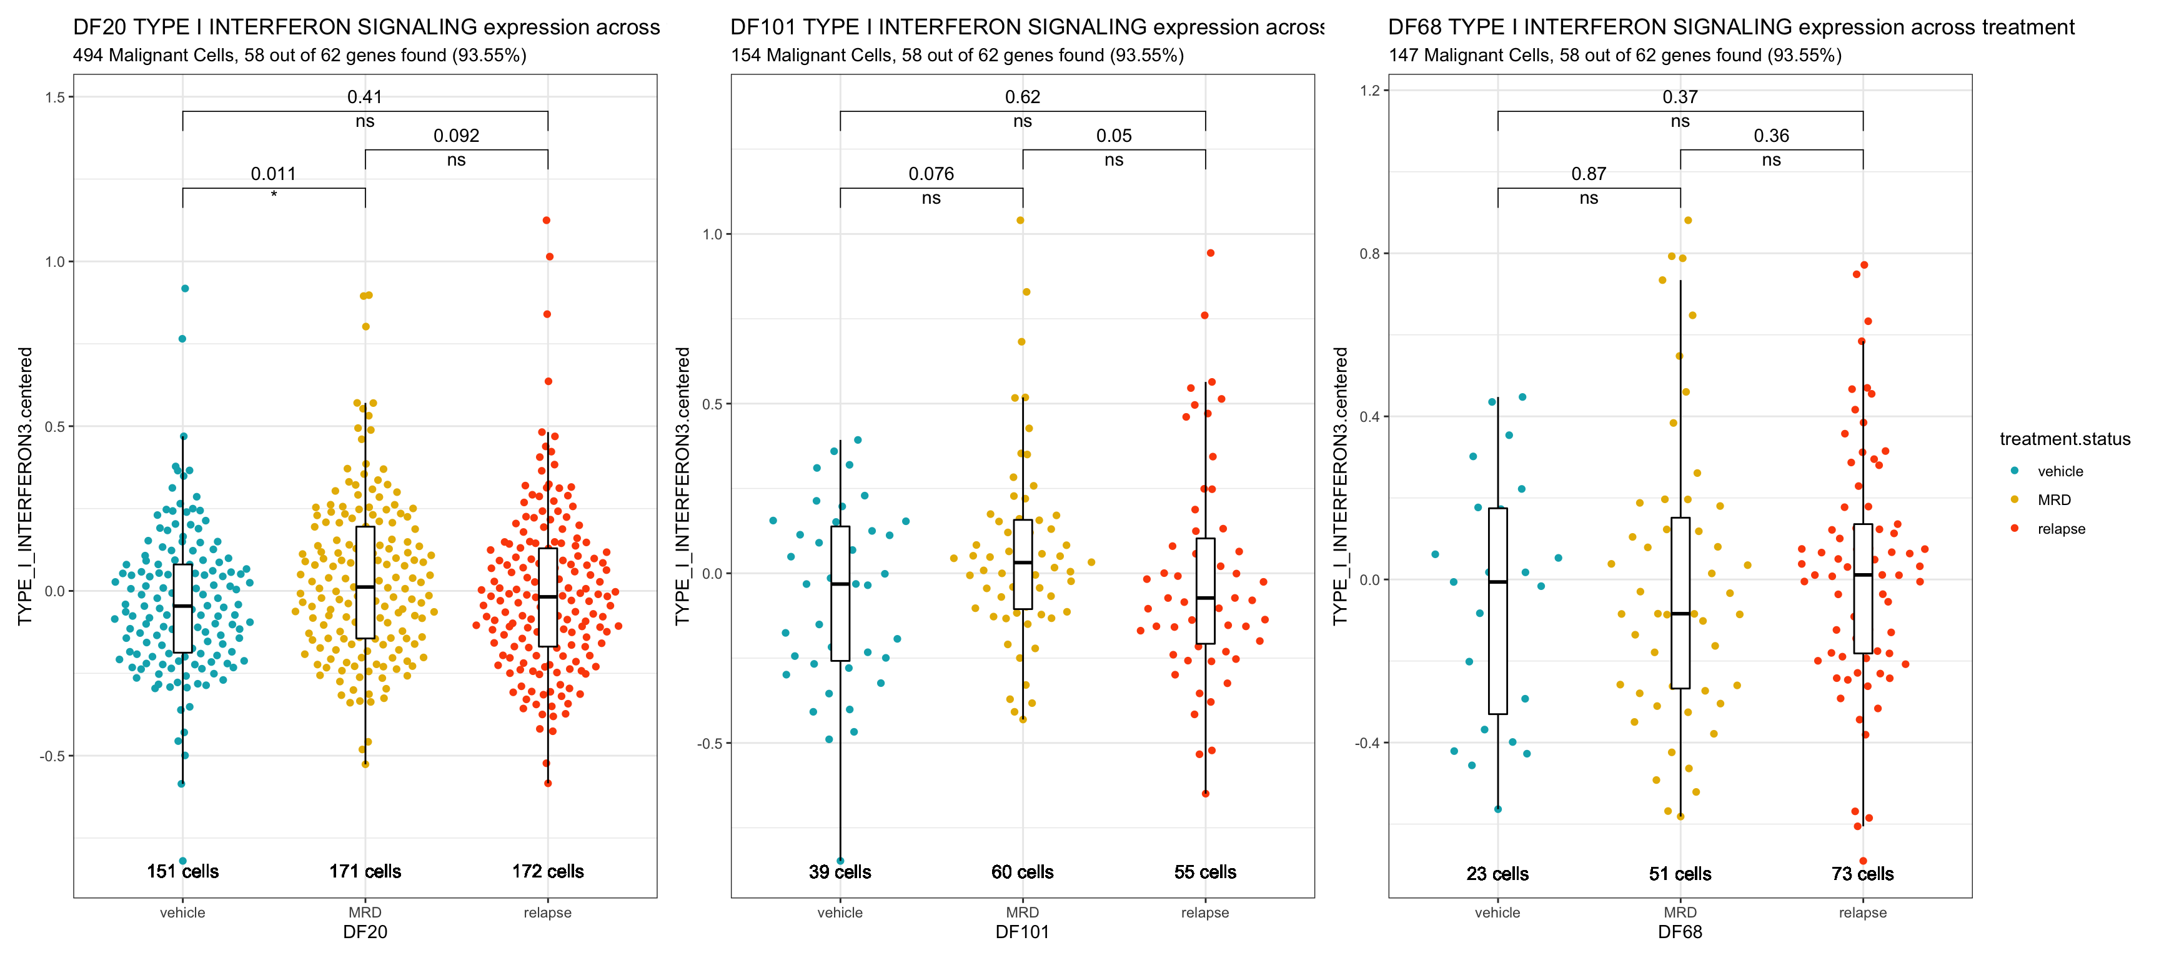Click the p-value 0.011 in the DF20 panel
273,174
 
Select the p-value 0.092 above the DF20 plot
456,136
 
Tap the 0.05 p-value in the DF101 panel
1113,136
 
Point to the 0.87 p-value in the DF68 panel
1588,174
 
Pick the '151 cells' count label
182,871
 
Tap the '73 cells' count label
1862,874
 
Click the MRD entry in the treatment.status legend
2053,500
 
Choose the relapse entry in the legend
2061,529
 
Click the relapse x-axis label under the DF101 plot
1204,912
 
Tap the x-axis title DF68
1680,932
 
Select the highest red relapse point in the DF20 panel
547,221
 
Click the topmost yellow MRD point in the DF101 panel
1020,221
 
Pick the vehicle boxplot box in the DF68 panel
1497,611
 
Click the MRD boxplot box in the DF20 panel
365,582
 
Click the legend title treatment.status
2064,439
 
